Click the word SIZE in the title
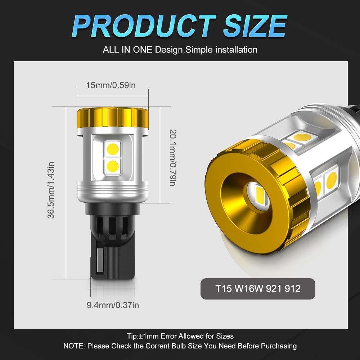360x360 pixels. pyautogui.click(x=255, y=26)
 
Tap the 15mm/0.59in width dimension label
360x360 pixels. pyautogui.click(x=111, y=85)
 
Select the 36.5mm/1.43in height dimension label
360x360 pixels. pyautogui.click(x=51, y=190)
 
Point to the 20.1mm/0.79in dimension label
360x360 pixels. pyautogui.click(x=173, y=158)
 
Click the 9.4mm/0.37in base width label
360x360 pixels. pyautogui.click(x=113, y=305)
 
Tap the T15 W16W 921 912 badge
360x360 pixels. pyautogui.click(x=258, y=289)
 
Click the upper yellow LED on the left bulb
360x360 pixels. pyautogui.click(x=113, y=149)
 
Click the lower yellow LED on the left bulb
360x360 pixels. pyautogui.click(x=113, y=166)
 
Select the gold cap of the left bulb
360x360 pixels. pyautogui.click(x=113, y=118)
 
